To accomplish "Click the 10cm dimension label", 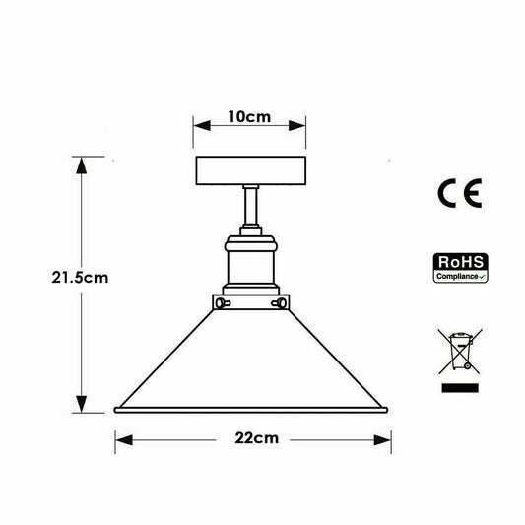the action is (249, 117).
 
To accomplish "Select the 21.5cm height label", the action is (80, 278).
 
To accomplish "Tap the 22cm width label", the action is (257, 438).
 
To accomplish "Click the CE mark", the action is (460, 193).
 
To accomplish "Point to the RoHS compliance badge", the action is (460, 268).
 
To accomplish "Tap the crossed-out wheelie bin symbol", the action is (460, 352).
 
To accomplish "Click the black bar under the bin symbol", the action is (460, 388).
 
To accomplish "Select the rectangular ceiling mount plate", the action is (251, 170).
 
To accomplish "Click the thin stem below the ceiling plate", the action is (251, 206).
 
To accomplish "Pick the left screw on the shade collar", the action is (223, 303).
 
